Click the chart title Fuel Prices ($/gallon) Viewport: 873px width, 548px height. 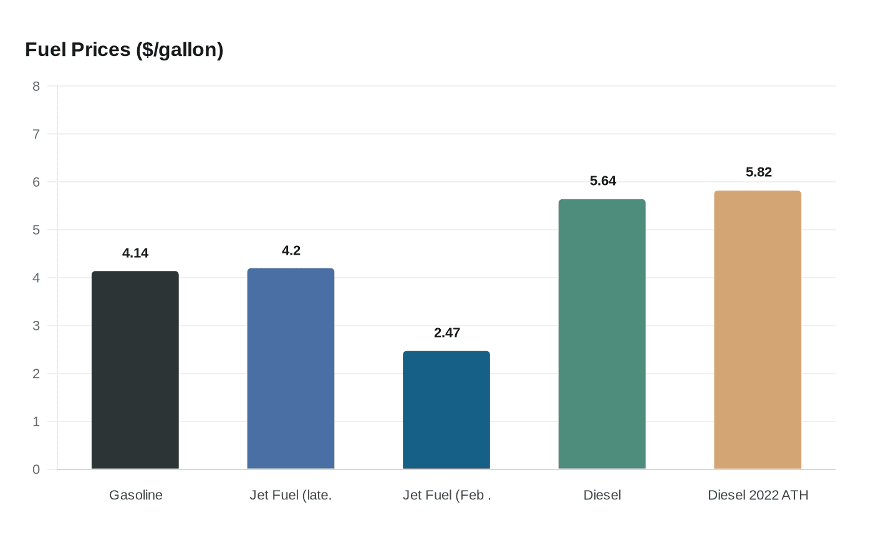124,49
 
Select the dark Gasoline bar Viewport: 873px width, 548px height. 135,370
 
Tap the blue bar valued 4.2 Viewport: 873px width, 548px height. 291,369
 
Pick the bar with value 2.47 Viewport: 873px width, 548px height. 446,410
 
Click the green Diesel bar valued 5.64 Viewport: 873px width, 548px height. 602,334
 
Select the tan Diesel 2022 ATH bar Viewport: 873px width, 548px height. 758,329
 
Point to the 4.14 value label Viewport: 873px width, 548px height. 135,253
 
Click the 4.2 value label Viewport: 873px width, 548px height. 291,250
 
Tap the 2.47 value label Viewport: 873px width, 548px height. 447,333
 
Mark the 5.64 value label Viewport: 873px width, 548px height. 603,181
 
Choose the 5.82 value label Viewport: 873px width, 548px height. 759,172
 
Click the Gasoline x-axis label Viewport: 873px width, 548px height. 136,495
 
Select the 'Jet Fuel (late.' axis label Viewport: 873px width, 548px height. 291,495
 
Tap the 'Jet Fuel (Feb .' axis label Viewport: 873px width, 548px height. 447,495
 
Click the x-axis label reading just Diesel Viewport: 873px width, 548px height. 602,495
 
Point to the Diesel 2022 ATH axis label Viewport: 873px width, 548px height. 758,495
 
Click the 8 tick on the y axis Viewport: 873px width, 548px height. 36,87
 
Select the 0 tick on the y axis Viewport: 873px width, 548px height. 36,470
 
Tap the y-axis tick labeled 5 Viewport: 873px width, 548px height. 36,230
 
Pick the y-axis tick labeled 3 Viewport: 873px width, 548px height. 36,326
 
